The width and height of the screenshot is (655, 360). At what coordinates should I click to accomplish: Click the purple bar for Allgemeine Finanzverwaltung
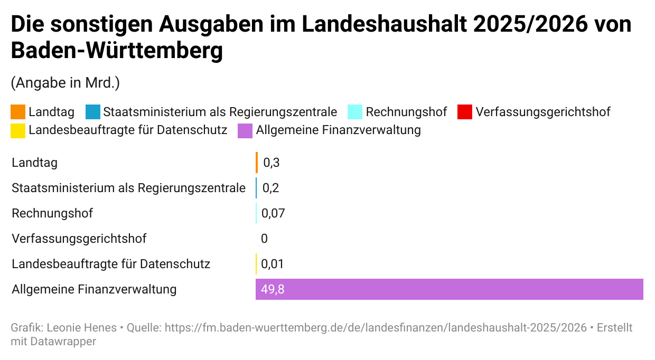[x=449, y=289]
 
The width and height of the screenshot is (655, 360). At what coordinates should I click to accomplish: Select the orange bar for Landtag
[x=257, y=163]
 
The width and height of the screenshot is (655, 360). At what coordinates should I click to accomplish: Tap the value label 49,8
[x=273, y=289]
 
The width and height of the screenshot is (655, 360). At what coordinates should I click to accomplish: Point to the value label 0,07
[x=273, y=213]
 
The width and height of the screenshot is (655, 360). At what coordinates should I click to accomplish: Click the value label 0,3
[x=271, y=163]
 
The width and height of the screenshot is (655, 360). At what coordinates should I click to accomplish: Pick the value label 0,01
[x=273, y=264]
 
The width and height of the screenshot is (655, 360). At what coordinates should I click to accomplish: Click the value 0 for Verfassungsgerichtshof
[x=264, y=239]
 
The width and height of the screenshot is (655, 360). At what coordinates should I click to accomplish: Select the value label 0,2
[x=270, y=188]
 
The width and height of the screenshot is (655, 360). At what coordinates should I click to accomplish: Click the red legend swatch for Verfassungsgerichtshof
[x=464, y=112]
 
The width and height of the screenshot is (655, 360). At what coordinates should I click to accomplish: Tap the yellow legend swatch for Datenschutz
[x=18, y=130]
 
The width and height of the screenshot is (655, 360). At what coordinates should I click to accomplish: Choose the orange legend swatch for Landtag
[x=18, y=112]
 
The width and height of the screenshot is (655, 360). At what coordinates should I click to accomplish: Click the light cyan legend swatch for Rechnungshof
[x=355, y=112]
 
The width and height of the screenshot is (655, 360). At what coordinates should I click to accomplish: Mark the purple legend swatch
[x=245, y=130]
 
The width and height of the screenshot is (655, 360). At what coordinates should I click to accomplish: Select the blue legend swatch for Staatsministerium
[x=92, y=112]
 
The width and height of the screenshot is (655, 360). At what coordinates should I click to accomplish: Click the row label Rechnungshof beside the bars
[x=52, y=213]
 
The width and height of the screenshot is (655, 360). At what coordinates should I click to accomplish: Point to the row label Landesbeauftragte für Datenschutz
[x=111, y=264]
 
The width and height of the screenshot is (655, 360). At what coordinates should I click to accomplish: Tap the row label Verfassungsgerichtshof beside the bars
[x=79, y=239]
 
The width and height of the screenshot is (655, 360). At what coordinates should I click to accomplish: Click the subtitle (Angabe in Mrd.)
[x=65, y=83]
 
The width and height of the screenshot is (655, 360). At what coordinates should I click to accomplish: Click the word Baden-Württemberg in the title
[x=117, y=51]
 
